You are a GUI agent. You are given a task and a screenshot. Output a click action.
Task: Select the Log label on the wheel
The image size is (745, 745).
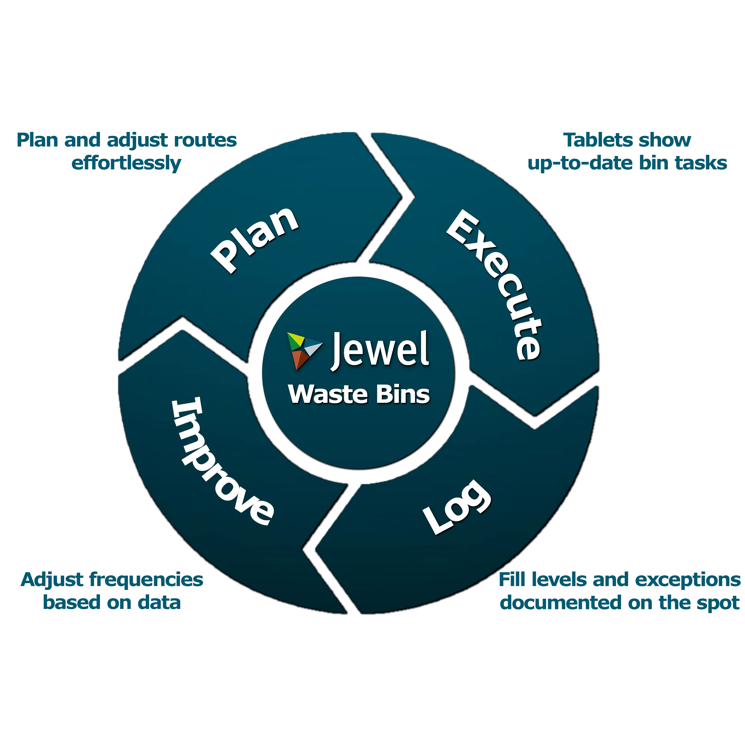click(457, 507)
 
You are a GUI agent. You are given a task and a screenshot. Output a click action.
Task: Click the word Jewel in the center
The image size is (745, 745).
click(380, 350)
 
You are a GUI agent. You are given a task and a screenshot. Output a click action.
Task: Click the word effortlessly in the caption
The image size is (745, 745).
click(126, 163)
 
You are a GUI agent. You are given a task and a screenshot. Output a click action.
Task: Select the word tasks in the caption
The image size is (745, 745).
click(701, 163)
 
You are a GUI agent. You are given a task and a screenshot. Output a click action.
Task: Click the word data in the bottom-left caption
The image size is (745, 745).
click(159, 602)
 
